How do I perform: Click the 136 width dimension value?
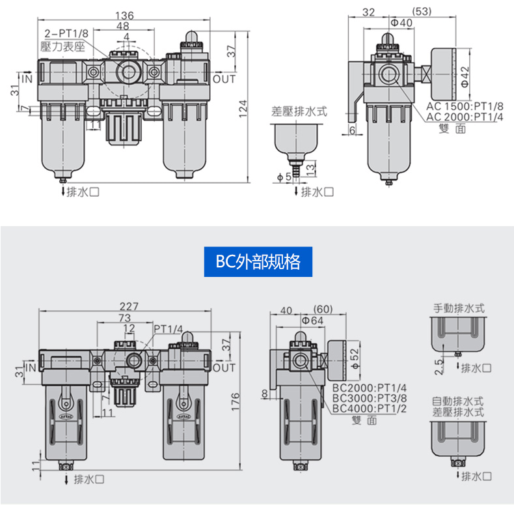click(124, 15)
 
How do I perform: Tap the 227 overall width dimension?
click(129, 306)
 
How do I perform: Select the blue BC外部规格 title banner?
click(258, 262)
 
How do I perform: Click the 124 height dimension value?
click(243, 109)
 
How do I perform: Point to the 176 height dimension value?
click(236, 401)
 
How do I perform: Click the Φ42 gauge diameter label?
click(465, 76)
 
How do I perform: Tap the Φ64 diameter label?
click(312, 321)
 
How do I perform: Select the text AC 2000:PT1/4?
click(465, 117)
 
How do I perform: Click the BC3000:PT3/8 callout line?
click(370, 398)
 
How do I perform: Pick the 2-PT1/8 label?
click(66, 33)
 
